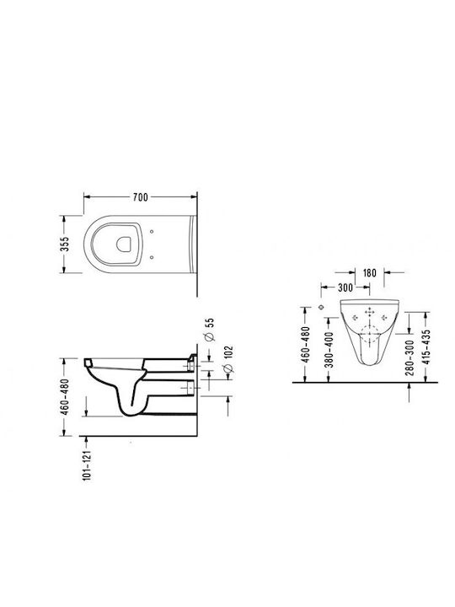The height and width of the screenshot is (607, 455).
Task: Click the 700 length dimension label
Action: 140,197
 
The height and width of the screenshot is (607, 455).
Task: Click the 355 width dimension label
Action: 64,244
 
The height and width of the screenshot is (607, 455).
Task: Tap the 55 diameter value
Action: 209,323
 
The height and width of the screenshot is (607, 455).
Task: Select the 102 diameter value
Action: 228,353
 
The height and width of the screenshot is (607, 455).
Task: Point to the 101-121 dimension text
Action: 87,465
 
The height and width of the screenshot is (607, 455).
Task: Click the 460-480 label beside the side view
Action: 64,397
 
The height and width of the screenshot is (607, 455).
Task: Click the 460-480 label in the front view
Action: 306,344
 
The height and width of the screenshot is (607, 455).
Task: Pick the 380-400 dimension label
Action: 329,350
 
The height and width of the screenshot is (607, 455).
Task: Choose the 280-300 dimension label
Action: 410,357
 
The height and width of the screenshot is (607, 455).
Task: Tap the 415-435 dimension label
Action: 426,346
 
